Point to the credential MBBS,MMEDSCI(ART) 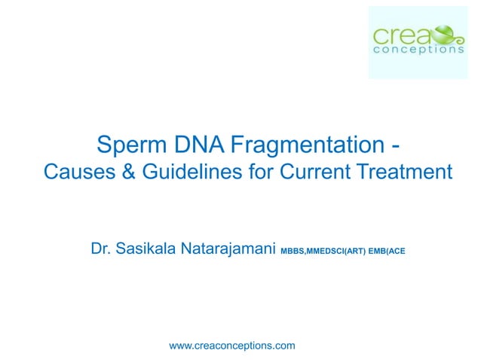pos(323,250)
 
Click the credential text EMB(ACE pos(388,250)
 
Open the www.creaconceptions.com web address pos(232,345)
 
